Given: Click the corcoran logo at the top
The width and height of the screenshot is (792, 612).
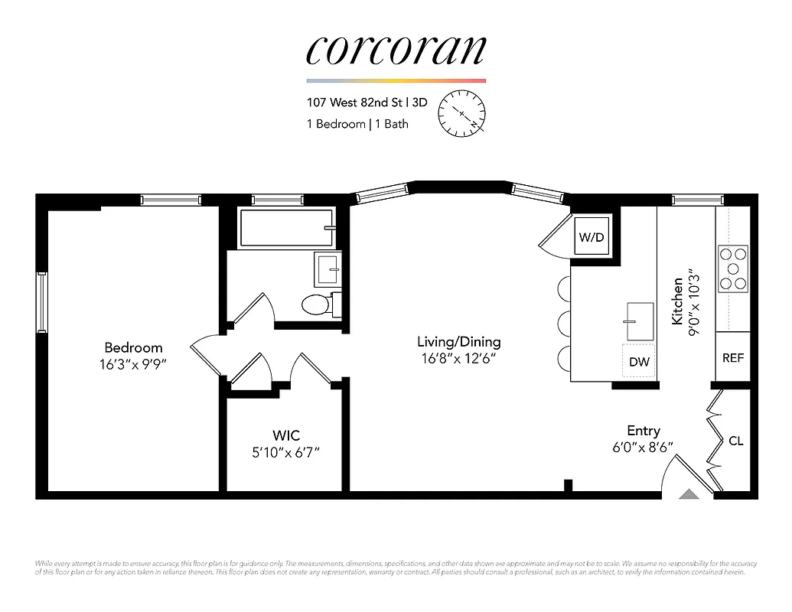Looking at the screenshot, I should coord(396,50).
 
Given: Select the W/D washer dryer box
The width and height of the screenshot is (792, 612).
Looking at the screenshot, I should coord(591,237).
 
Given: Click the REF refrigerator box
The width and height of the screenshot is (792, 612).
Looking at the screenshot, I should coord(732,357).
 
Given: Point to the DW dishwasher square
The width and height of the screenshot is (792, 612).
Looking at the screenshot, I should coord(639,361).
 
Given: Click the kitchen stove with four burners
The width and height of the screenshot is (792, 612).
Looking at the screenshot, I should coord(733,269).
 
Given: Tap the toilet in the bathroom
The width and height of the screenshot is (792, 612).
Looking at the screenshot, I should coord(315,304).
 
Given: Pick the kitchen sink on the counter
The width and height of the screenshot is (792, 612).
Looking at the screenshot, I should coord(639,321).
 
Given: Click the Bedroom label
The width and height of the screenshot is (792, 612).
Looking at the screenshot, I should coord(134,347).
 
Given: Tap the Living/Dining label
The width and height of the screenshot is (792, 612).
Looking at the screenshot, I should coord(458,342).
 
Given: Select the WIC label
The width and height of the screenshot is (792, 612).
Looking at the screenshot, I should coord(285,435).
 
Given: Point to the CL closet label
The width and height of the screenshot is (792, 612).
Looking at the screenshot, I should coord(735,441).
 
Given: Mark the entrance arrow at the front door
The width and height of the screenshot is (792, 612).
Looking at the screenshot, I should coord(689,495).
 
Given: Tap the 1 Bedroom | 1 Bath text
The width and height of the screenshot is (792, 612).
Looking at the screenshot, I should coord(357,124).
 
